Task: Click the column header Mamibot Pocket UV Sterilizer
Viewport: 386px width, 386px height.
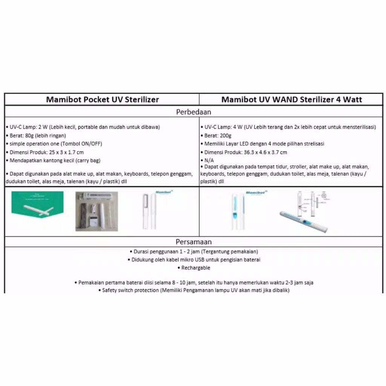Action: (102, 100)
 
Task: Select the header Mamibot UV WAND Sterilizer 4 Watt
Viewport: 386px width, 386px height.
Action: (292, 100)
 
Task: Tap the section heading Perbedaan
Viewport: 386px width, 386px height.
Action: (194, 112)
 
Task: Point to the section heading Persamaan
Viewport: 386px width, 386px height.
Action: (194, 242)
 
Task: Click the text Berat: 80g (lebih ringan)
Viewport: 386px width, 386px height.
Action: (37, 135)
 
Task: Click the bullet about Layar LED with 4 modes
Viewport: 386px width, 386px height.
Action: (264, 144)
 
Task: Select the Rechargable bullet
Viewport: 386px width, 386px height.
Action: (195, 268)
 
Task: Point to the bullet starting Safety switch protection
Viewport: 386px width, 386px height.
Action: (195, 290)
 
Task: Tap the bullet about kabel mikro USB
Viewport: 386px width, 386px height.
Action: (196, 260)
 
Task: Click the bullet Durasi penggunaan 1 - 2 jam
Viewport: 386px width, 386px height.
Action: (195, 251)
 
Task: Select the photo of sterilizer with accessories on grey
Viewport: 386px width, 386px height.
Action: (96, 211)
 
